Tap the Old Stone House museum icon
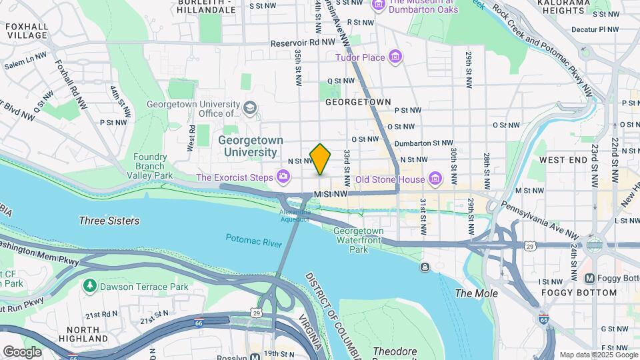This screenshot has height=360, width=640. coord(435,179)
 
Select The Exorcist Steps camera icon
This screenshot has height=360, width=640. coord(284,177)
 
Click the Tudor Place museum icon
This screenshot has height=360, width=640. coord(396,57)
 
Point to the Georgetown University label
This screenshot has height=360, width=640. coord(250,146)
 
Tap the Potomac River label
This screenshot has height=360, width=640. coord(253,241)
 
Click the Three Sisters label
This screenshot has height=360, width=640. coord(109,221)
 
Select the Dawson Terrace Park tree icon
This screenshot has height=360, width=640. coord(89,285)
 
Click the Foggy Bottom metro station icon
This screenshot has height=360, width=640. coord(589,279)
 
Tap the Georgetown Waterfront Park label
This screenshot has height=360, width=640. coord(359,240)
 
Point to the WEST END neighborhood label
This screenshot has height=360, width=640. coord(563,161)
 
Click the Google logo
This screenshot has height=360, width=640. coord(22,351)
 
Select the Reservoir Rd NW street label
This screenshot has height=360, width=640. coord(301,43)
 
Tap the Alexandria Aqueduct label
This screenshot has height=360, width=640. coord(295,215)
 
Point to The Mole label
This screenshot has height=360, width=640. coord(471,293)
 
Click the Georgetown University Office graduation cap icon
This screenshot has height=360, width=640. coord(250,107)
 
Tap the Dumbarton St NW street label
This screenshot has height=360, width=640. coord(423,143)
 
